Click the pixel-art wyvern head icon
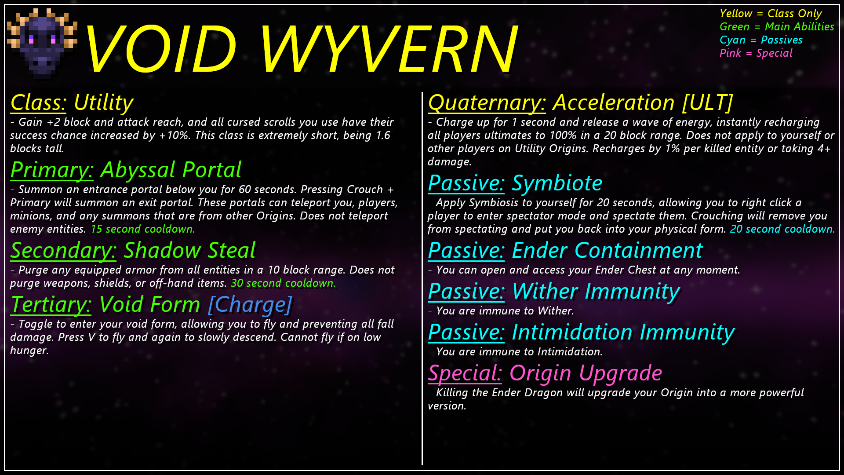[42, 43]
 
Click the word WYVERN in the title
[389, 48]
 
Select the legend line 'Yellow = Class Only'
[771, 14]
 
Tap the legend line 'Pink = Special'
[756, 53]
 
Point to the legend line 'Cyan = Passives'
[761, 40]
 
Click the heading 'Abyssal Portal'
[171, 170]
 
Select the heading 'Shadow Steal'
[189, 250]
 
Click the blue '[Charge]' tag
[250, 305]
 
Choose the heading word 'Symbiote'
[557, 183]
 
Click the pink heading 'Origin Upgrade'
[586, 373]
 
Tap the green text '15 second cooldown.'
[143, 229]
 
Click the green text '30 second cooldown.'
[283, 283]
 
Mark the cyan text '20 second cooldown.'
[782, 229]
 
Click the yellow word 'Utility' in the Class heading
[104, 103]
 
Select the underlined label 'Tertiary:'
[51, 305]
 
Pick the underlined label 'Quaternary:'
[487, 103]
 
